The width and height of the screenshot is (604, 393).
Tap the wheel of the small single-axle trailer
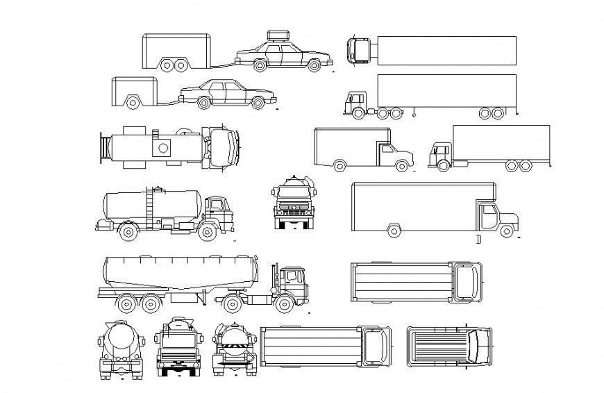132,102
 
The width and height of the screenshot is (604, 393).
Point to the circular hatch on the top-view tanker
165,148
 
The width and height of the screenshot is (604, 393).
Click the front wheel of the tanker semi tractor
283,303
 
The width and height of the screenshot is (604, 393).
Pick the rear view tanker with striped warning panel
231,348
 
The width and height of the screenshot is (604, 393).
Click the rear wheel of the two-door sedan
203,103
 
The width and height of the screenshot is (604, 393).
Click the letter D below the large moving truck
478,240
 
